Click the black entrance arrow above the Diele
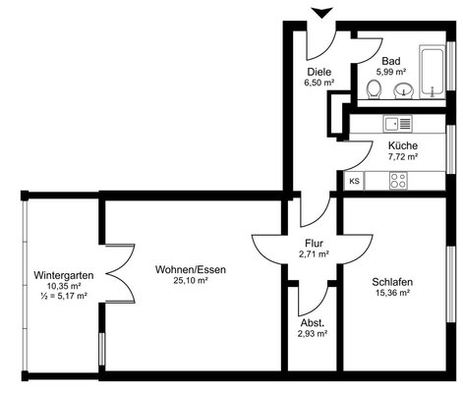(x=322, y=13)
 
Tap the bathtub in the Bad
(x=433, y=72)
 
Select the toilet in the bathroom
(x=374, y=89)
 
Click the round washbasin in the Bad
(x=404, y=90)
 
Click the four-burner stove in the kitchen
(x=398, y=181)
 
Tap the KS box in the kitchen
(x=354, y=181)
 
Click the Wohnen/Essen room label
(x=191, y=270)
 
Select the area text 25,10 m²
(x=191, y=280)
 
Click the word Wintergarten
(x=64, y=275)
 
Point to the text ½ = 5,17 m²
(x=64, y=296)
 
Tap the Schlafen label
(x=392, y=282)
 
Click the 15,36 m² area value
(x=392, y=293)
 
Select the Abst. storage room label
(x=313, y=323)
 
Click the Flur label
(x=314, y=244)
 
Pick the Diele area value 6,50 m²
(x=319, y=83)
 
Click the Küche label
(x=403, y=145)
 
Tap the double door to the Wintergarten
(x=120, y=273)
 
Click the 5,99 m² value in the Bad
(x=391, y=72)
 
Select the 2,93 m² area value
(x=313, y=334)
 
